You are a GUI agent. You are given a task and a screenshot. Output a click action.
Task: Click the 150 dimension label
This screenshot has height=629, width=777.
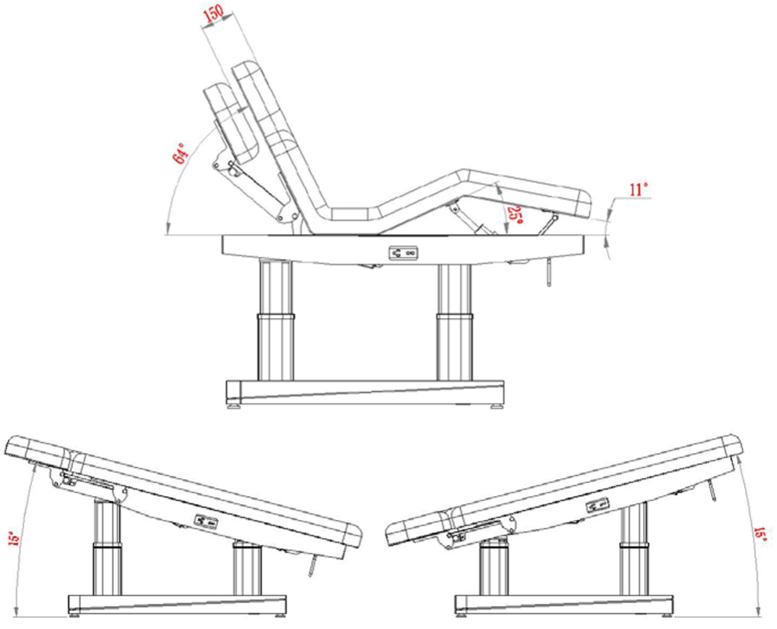tap(213, 16)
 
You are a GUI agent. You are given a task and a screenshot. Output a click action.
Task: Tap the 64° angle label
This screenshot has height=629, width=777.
tap(180, 152)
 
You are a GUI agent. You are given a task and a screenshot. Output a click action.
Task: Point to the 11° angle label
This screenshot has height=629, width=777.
tap(639, 190)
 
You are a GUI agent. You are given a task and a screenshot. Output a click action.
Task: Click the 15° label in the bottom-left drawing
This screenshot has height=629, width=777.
tap(14, 538)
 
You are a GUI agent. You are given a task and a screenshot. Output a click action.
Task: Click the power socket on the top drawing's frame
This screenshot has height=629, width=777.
tap(403, 254)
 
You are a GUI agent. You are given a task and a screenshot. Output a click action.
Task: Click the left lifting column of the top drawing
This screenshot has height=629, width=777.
tap(275, 320)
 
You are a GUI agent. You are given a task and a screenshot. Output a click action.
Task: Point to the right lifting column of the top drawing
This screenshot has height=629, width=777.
tap(454, 322)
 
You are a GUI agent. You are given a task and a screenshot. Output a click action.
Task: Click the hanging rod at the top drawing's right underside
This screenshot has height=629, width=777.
tap(549, 271)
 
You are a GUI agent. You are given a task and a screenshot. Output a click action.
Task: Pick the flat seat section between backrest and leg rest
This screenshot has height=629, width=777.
tap(352, 214)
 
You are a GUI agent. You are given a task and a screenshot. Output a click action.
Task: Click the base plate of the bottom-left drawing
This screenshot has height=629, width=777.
tap(177, 604)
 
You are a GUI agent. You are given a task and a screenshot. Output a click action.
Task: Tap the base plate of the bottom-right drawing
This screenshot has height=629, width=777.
tap(564, 604)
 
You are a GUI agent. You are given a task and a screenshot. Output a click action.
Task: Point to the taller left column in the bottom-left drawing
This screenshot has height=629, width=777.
tap(108, 547)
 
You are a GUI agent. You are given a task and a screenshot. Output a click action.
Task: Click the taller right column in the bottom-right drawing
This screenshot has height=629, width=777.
tap(634, 548)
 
